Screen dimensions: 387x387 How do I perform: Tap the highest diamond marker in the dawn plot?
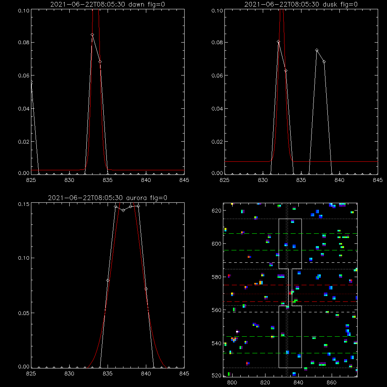coord(92,35)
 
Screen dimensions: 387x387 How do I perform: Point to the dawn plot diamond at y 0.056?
coord(31,82)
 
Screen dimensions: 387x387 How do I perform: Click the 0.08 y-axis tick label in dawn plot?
coord(24,43)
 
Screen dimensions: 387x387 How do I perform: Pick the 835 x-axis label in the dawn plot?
coord(108,180)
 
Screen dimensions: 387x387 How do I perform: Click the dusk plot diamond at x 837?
coord(317,50)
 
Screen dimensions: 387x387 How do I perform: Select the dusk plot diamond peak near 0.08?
coord(278,42)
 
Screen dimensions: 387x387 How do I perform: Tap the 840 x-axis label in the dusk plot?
coord(339,180)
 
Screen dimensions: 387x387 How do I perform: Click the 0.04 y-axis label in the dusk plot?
coord(217,109)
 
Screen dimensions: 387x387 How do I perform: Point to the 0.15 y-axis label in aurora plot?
coord(24,204)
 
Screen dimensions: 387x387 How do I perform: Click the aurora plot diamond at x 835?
coord(108,281)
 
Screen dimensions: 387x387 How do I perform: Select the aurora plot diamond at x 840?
coord(146,289)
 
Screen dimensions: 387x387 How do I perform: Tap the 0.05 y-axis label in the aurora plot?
coord(24,313)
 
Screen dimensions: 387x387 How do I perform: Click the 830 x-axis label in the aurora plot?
coord(69,374)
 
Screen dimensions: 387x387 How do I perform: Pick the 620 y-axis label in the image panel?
coord(216,211)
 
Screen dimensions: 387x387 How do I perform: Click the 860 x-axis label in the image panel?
coord(332,383)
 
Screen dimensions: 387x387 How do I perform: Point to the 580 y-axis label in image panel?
coord(216,277)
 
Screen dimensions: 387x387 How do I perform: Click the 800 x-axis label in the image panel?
coord(232,383)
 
